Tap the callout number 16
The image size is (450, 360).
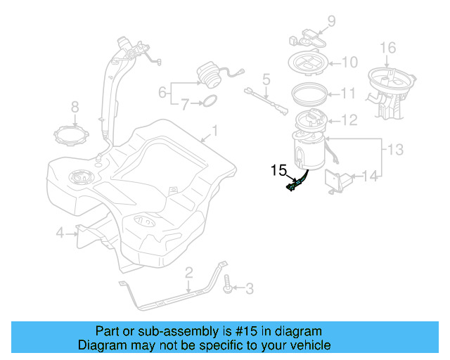[x=388, y=47]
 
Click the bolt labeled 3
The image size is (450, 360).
[x=229, y=287]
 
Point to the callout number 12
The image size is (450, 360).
[x=350, y=120]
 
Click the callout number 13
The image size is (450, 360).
[x=396, y=149]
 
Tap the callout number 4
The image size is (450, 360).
[x=60, y=231]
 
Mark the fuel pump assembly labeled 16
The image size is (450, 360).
[x=390, y=88]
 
